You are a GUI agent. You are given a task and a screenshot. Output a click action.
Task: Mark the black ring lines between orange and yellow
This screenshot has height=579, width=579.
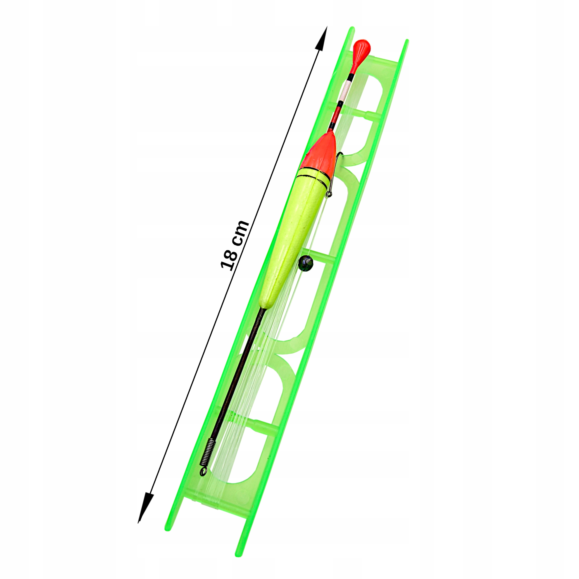point(313,178)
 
